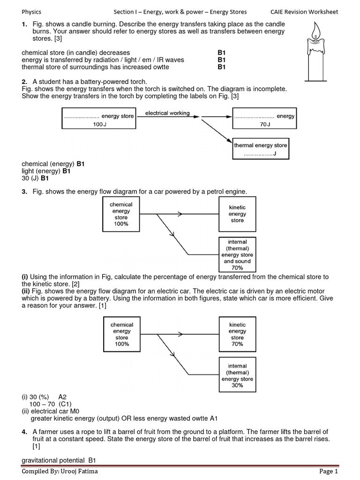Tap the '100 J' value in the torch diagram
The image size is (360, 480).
99,124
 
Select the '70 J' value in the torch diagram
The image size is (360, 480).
265,124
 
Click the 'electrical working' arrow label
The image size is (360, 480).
167,113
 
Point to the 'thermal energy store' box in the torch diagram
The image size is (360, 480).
261,149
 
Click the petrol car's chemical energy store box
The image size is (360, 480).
121,214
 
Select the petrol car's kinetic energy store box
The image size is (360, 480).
237,214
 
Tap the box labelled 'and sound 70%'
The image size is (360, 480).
237,255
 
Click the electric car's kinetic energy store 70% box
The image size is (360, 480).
237,334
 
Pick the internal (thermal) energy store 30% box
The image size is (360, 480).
237,375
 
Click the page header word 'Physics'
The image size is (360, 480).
31,12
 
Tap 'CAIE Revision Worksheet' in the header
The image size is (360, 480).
304,12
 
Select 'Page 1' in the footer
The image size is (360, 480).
329,471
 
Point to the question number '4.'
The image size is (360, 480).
24,432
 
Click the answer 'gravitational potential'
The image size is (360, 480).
53,460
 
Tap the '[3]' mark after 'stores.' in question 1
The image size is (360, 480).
58,38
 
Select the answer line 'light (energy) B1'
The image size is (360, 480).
46,171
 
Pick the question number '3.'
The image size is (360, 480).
24,192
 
